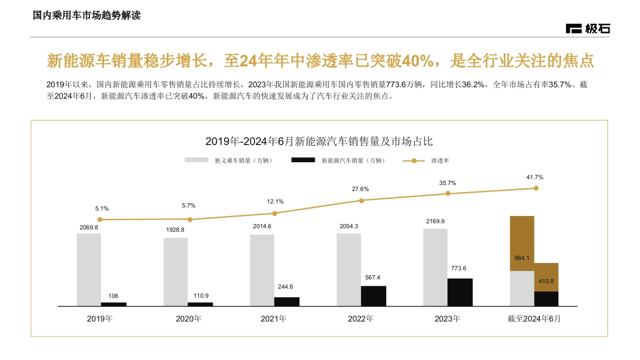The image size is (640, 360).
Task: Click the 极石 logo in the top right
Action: [x=588, y=29]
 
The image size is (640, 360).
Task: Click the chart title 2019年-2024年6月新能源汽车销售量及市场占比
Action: [x=319, y=141]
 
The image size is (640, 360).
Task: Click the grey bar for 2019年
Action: [x=89, y=269]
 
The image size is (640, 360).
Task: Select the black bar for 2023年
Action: [x=460, y=292]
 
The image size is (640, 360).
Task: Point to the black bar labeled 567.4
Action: [x=373, y=296]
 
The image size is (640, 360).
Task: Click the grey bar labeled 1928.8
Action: [x=175, y=271]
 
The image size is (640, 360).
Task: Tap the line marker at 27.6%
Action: [x=361, y=201]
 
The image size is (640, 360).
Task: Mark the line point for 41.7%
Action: [x=536, y=188]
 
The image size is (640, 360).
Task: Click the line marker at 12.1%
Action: [x=275, y=213]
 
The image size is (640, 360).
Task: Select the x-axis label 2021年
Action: [x=274, y=319]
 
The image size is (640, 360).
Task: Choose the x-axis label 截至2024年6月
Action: [x=534, y=319]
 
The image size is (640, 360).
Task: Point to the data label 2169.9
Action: [x=435, y=221]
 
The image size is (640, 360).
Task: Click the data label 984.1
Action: [x=522, y=258]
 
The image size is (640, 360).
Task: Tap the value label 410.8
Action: [x=546, y=281]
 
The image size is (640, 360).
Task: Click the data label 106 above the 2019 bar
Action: [x=114, y=296]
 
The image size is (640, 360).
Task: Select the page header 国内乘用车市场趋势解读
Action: [x=87, y=16]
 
